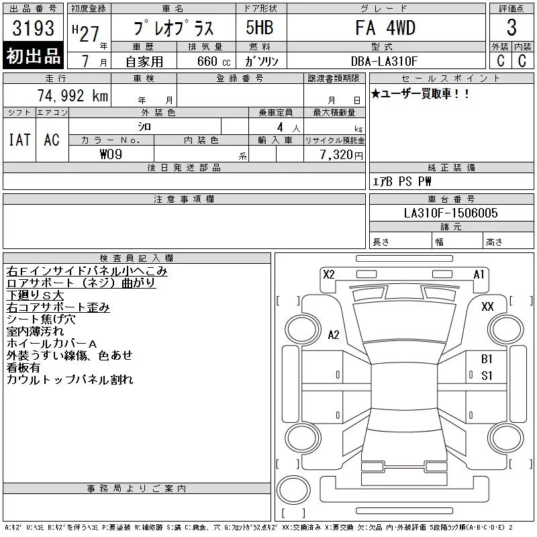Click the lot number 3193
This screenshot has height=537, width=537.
click(33, 28)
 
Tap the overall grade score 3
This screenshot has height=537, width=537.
click(511, 28)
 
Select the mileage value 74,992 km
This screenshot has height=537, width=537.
click(73, 95)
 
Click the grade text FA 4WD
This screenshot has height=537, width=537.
click(385, 28)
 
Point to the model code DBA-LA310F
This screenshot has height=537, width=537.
click(384, 61)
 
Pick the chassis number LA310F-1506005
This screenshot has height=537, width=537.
click(450, 213)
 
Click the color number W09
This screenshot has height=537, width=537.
click(111, 154)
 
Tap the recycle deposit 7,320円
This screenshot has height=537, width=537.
click(342, 154)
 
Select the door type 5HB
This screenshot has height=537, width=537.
click(260, 28)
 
